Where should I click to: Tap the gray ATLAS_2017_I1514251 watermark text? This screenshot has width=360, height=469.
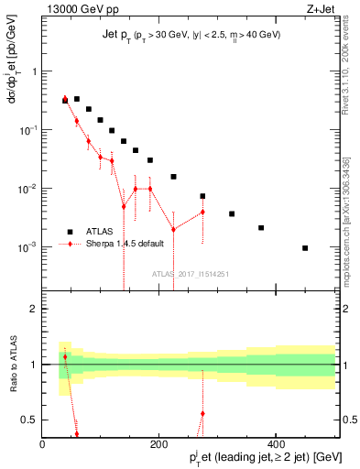point(191,273)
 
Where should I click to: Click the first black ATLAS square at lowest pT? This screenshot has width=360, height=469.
point(64,101)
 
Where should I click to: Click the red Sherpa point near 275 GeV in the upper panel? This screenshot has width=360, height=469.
point(202,212)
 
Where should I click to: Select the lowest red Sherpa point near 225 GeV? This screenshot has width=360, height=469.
point(173,229)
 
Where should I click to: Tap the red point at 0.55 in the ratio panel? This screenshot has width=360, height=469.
point(202,414)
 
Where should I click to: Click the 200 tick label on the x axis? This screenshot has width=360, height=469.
point(158,445)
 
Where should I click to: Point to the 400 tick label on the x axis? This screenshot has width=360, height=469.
point(276,445)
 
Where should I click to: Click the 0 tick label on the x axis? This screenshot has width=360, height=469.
point(42,445)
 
